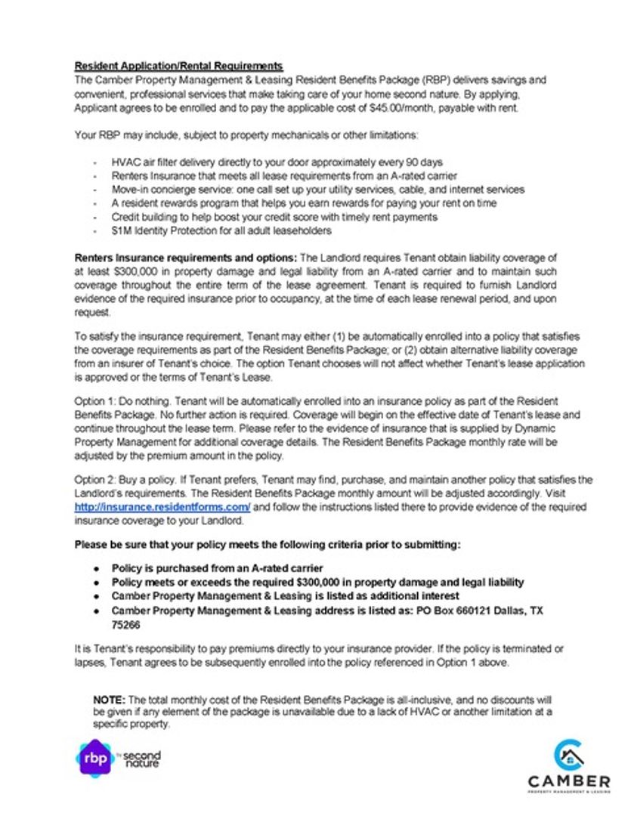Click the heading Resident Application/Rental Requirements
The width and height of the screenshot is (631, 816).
[x=178, y=66]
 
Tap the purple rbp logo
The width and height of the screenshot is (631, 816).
[x=94, y=758]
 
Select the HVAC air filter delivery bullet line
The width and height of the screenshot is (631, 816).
[x=277, y=162]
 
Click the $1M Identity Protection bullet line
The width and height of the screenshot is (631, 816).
[x=221, y=230]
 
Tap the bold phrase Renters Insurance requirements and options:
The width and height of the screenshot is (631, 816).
[x=186, y=258]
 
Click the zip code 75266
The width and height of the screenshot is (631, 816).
[x=125, y=626]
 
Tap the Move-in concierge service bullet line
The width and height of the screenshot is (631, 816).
[x=317, y=190]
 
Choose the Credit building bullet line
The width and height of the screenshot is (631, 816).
[x=274, y=217]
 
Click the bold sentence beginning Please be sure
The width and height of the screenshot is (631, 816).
[x=267, y=544]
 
